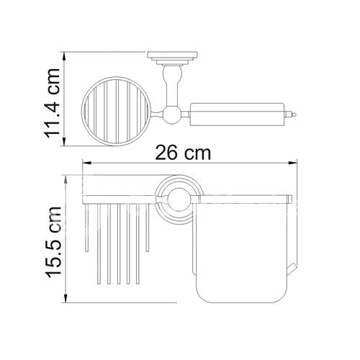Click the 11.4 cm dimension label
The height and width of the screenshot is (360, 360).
point(52,103)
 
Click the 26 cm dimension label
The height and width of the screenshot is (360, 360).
point(183,153)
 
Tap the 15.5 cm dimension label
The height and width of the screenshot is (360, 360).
point(53,242)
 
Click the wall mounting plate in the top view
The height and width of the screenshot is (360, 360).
point(172,55)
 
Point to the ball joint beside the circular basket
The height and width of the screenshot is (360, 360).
point(171,114)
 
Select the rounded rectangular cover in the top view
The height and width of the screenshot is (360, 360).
point(237,114)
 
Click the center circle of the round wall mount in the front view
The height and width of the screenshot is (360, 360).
point(179,199)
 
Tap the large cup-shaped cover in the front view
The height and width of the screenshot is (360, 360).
point(241,252)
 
